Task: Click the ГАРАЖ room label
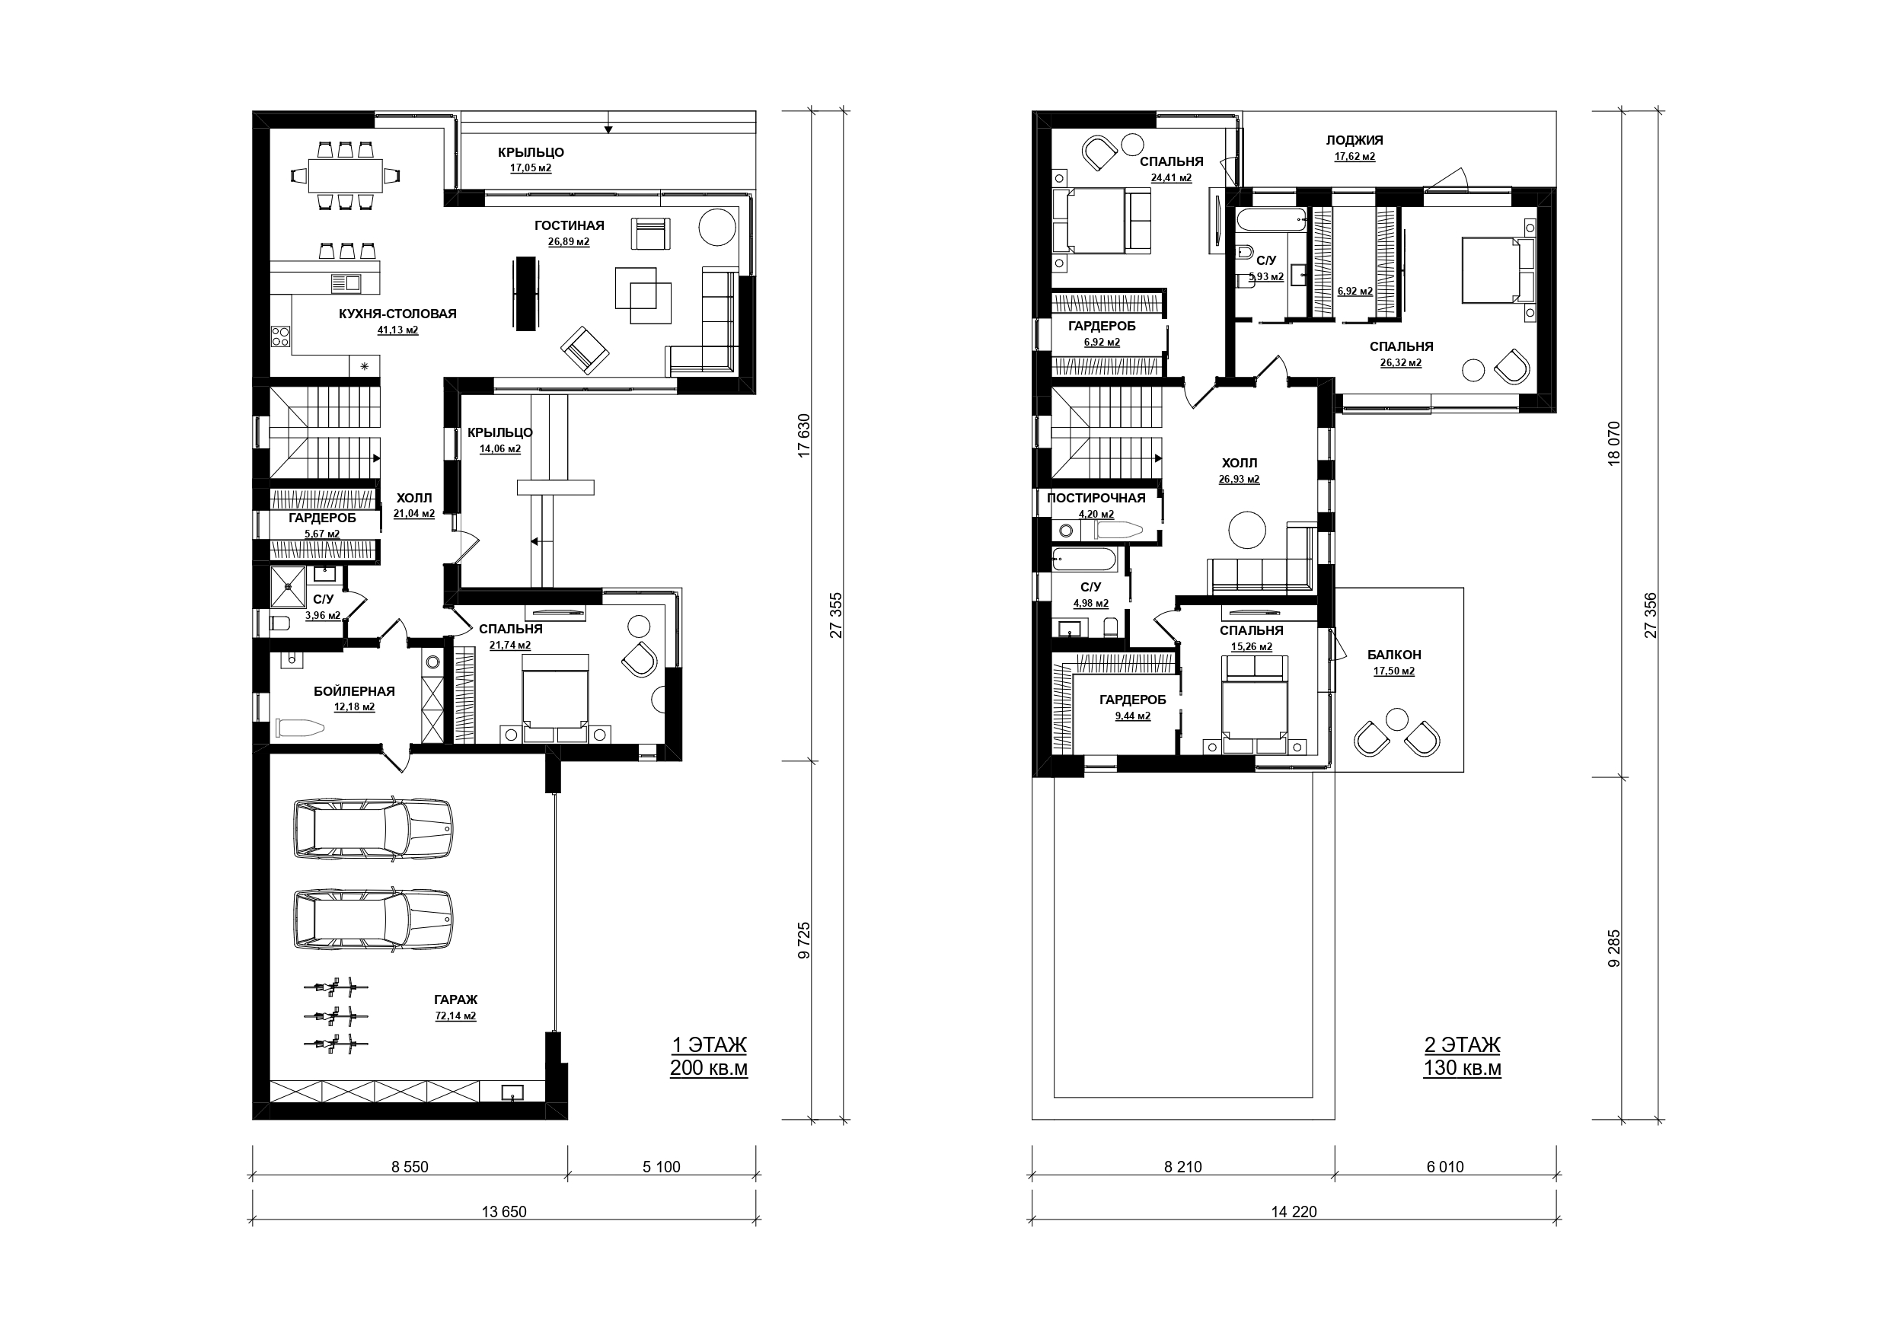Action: (x=456, y=1000)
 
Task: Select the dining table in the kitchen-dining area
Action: (x=346, y=175)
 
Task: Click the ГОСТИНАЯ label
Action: (x=570, y=225)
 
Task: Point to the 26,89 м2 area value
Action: (x=569, y=242)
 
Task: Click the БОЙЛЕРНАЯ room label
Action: (x=354, y=691)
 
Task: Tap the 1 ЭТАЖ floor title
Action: (x=709, y=1044)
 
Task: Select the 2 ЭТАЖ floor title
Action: (x=1462, y=1044)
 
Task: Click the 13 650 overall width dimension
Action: (x=503, y=1212)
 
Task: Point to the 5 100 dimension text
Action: (x=662, y=1166)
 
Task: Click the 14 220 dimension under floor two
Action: (x=1294, y=1212)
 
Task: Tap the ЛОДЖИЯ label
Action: (x=1355, y=140)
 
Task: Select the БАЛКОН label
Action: (x=1395, y=655)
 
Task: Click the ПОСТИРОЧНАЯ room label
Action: (x=1096, y=498)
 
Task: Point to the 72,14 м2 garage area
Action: (x=456, y=1016)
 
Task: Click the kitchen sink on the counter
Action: (x=346, y=284)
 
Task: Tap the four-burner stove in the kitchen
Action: (x=280, y=336)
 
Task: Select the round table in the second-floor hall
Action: (x=1247, y=529)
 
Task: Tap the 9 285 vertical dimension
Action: (x=1613, y=949)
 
